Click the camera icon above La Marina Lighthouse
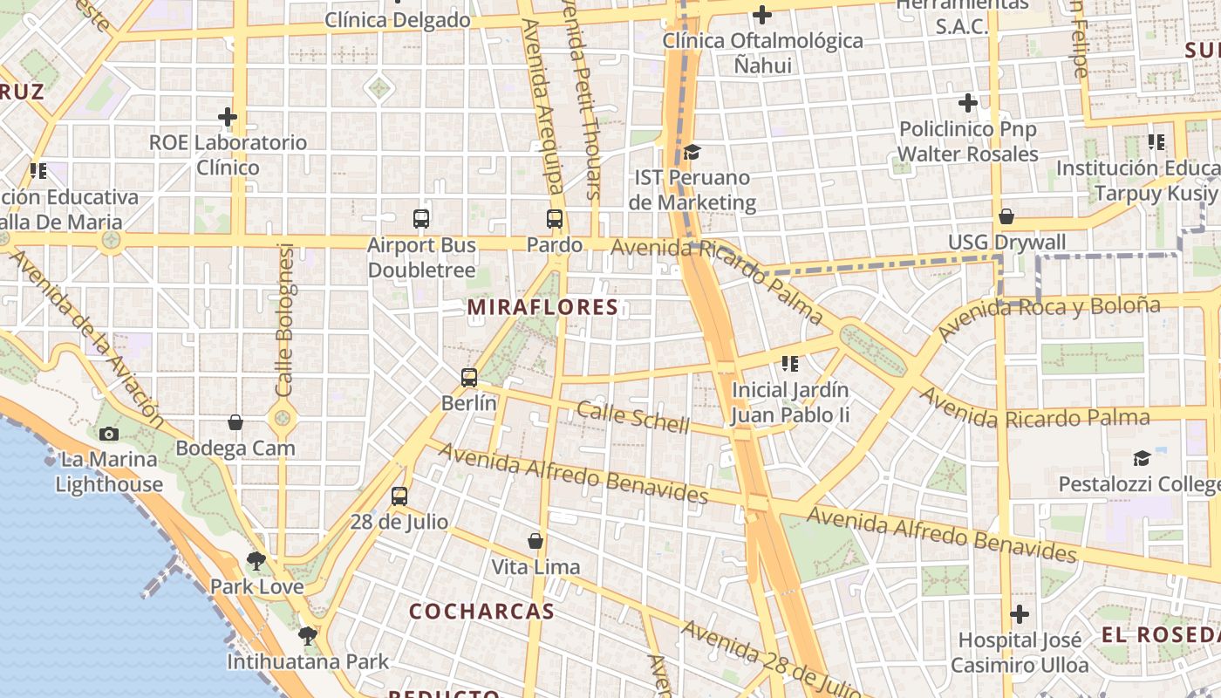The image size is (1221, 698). [109, 434]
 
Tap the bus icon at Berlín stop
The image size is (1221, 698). [469, 378]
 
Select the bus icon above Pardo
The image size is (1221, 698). [555, 219]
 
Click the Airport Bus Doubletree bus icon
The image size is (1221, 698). [421, 219]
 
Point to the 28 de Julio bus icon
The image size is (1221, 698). [399, 496]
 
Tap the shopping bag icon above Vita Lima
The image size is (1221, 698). [535, 541]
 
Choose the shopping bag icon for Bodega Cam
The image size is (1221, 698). [235, 422]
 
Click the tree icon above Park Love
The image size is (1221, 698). [256, 560]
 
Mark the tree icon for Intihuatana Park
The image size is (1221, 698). [307, 635]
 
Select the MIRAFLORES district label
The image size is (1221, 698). [542, 307]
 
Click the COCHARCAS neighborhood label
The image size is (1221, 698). [481, 612]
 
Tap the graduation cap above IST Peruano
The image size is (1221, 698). [692, 153]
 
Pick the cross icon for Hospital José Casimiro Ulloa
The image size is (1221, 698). [1020, 614]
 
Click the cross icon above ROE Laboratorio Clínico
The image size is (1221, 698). [228, 117]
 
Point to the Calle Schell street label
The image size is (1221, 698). [633, 418]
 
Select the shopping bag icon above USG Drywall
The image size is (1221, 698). [1006, 216]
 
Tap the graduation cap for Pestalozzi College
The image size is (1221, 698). [1142, 458]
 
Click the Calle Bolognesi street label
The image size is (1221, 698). [285, 319]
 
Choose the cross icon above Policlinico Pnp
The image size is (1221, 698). [968, 103]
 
